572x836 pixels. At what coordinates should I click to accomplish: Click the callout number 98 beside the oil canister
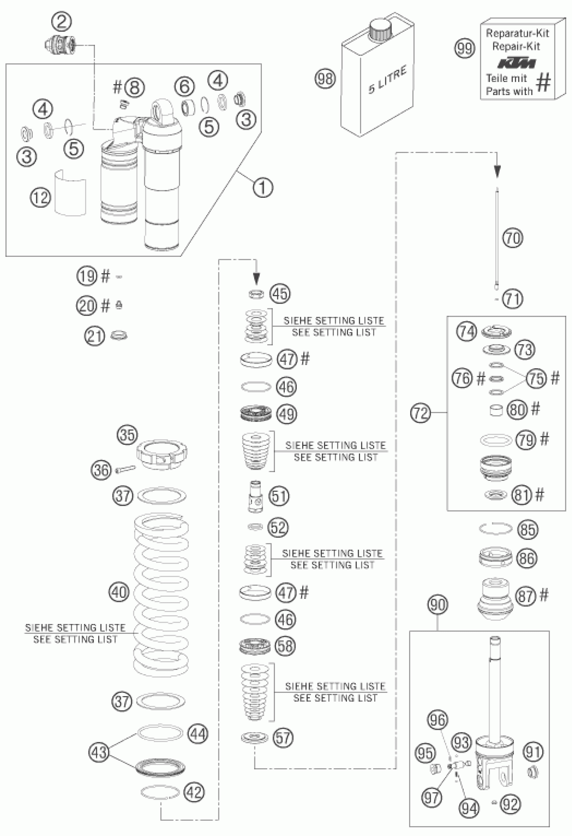[325, 79]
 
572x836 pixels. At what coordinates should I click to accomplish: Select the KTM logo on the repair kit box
[516, 63]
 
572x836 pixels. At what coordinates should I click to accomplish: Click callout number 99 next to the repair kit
[465, 48]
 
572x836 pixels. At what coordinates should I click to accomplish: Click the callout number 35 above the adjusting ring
[127, 435]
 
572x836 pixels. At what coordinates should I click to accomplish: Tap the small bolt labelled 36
[126, 469]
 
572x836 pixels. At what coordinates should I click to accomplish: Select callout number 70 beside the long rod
[513, 238]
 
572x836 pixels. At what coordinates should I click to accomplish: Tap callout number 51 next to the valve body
[279, 496]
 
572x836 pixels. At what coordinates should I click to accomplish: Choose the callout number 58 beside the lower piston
[285, 646]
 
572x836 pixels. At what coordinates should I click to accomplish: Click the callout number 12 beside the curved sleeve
[40, 197]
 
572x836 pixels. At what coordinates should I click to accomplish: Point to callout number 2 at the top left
[62, 22]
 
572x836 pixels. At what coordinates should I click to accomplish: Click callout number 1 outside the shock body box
[263, 187]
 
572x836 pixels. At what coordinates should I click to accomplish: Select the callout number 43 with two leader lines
[99, 752]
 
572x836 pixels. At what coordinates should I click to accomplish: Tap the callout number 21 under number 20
[95, 336]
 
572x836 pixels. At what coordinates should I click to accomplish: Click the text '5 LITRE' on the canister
[387, 80]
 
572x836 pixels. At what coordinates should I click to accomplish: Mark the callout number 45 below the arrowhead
[280, 293]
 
